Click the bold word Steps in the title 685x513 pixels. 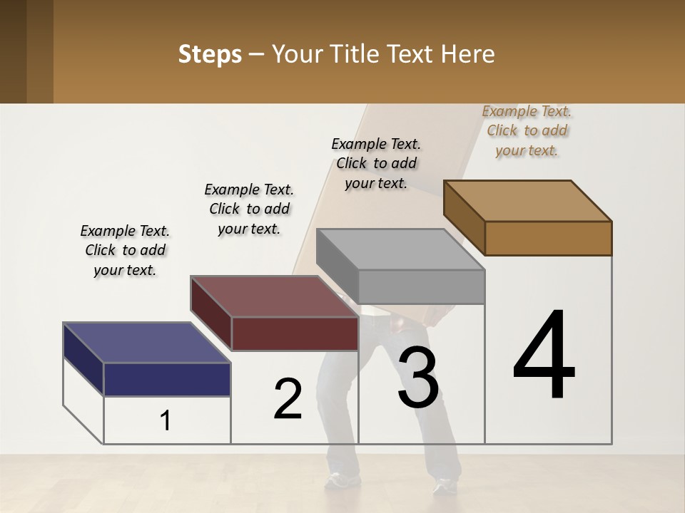point(210,54)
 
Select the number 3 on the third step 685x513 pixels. point(418,378)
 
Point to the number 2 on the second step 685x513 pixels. point(288,399)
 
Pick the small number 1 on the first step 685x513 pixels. point(166,421)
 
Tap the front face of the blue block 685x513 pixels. point(167,379)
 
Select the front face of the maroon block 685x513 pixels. point(294,333)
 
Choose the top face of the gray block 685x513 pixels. point(400,249)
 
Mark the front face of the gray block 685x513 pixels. point(421,286)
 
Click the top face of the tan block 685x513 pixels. point(527,200)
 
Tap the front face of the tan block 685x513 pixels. point(548,238)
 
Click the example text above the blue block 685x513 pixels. point(125,250)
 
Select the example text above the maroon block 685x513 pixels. point(249,209)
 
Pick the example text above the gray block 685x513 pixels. point(376,163)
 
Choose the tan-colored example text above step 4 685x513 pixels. point(527,130)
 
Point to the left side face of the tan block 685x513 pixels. point(465,217)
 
